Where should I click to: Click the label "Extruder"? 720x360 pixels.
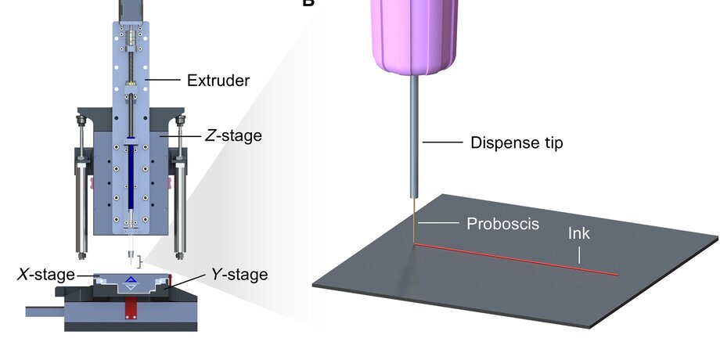218,80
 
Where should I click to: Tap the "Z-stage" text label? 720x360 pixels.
233,135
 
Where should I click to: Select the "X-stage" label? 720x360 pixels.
46,274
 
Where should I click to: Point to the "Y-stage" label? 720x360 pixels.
239,274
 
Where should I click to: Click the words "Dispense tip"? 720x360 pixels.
517,142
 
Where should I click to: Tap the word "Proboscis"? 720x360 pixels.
503,223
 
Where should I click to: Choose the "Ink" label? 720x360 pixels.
579,234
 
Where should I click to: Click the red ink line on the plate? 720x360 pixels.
517,260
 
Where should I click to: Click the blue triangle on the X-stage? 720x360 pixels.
131,279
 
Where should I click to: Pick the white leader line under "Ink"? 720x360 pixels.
579,254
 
